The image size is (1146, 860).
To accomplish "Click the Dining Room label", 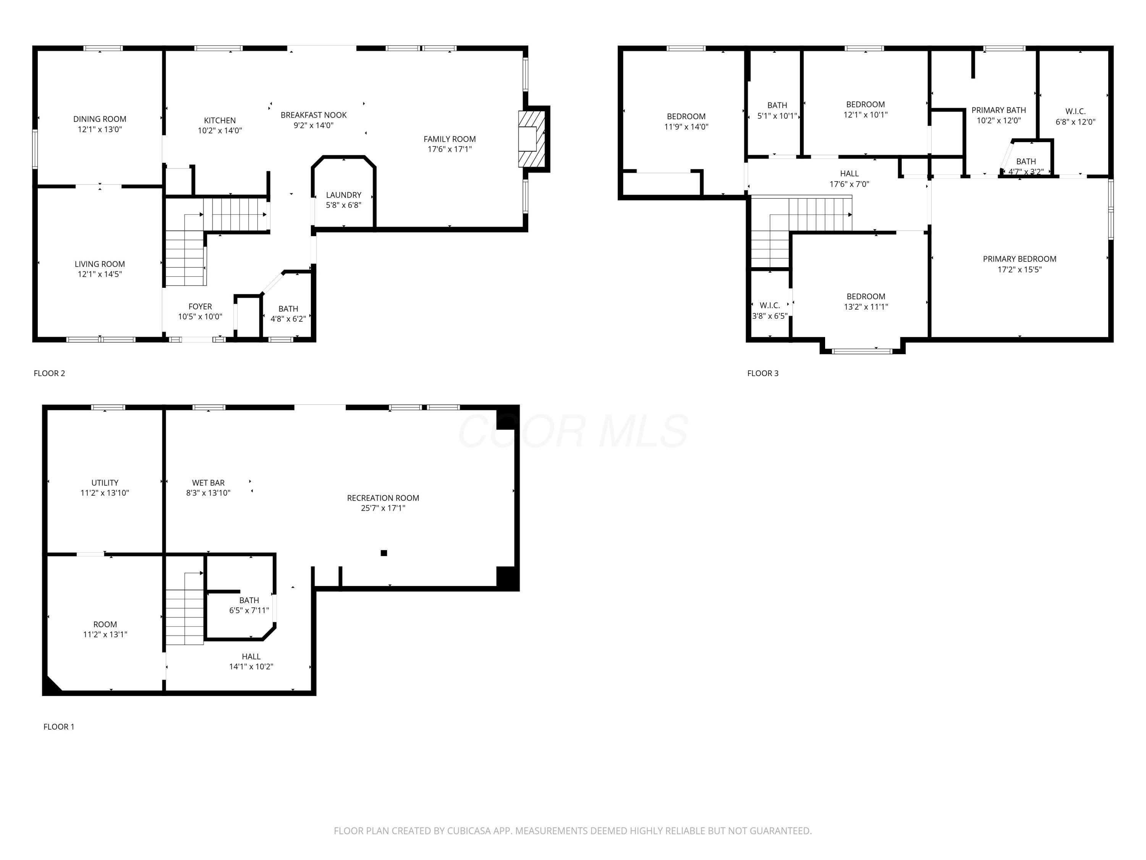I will [x=99, y=119].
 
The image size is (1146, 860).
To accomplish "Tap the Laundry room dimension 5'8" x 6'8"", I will [x=343, y=205].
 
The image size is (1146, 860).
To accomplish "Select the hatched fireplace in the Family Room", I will [x=532, y=139].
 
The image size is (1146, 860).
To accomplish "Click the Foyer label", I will [x=200, y=307].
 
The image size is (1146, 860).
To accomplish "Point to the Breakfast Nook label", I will [x=314, y=115].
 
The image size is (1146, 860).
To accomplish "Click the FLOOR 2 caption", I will [x=49, y=373].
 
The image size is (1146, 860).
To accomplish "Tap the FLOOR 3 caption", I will [x=762, y=373].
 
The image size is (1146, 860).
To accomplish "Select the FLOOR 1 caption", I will [x=58, y=727].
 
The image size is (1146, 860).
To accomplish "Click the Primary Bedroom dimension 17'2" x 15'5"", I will [x=1019, y=269].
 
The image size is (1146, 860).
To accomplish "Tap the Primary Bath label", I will [x=998, y=110].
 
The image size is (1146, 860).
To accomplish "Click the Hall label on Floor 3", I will [x=849, y=174].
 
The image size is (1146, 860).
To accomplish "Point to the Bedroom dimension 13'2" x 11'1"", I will [x=866, y=307].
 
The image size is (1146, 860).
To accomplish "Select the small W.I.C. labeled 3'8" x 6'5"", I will [x=770, y=306].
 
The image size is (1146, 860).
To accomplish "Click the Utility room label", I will [x=105, y=483].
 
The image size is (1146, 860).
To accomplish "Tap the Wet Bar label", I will [x=208, y=483].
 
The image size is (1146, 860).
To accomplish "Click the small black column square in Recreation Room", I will [x=384, y=553].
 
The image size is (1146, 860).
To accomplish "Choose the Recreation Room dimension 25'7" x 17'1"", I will [x=383, y=508].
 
